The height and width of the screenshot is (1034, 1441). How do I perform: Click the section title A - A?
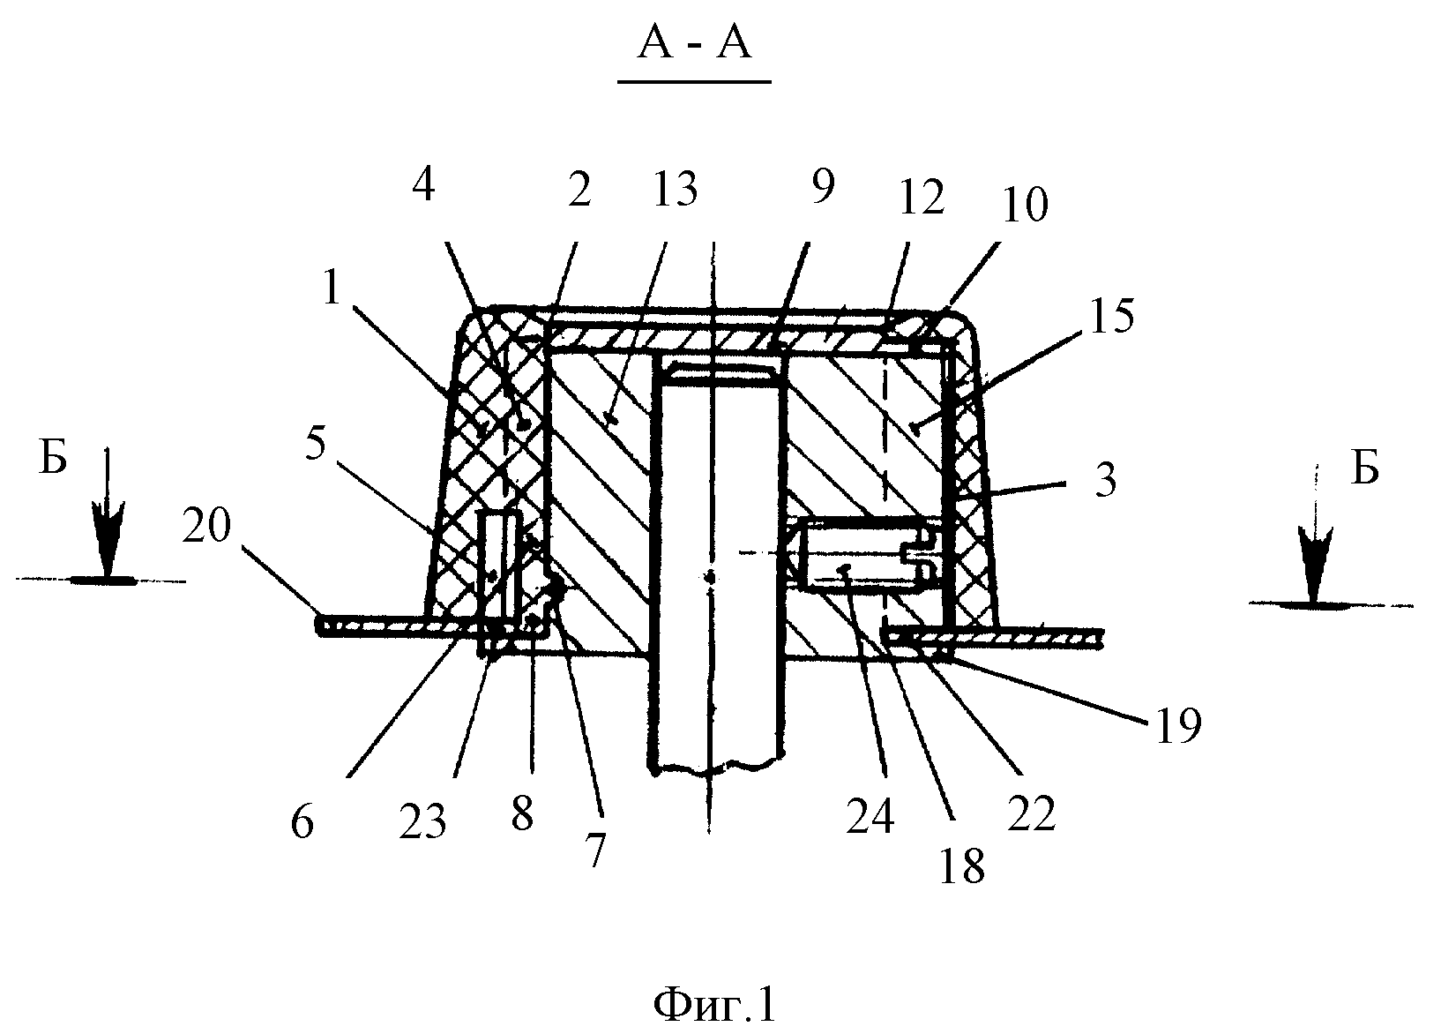[x=694, y=44]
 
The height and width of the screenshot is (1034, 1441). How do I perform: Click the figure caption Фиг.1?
[x=714, y=1004]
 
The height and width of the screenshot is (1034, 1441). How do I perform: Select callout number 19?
[x=1178, y=725]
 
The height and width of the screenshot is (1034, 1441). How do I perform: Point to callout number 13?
[x=675, y=189]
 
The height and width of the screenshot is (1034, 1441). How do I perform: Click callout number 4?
[x=423, y=184]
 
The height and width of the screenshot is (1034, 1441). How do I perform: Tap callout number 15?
[x=1112, y=317]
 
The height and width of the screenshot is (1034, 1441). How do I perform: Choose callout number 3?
[x=1106, y=480]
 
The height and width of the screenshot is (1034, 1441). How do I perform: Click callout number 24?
[x=870, y=816]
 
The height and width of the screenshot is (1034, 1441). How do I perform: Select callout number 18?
[x=962, y=866]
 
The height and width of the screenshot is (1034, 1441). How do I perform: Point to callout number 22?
[x=1032, y=813]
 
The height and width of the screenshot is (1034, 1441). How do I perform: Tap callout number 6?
[x=302, y=821]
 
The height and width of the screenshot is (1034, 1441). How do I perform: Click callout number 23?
[x=422, y=821]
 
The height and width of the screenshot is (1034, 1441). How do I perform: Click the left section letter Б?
[x=53, y=459]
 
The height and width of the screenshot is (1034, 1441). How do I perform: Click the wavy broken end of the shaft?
[x=715, y=767]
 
